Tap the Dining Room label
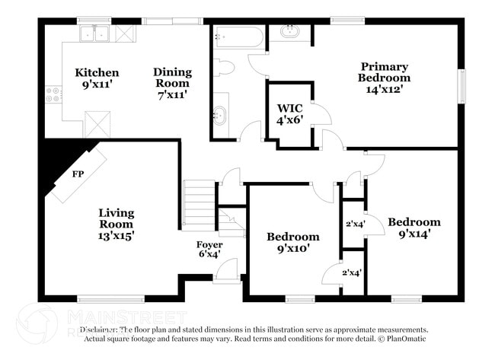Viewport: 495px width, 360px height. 173,83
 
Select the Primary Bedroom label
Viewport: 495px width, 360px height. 385,78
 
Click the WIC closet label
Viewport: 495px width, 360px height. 289,113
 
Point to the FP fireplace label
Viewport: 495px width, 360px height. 78,174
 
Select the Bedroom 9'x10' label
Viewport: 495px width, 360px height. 292,242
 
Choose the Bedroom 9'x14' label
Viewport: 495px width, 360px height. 414,228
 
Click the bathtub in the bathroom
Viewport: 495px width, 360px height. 239,37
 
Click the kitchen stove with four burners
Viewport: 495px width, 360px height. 53,94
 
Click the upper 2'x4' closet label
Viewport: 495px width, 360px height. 353,224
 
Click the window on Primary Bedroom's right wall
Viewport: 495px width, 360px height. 460,85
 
